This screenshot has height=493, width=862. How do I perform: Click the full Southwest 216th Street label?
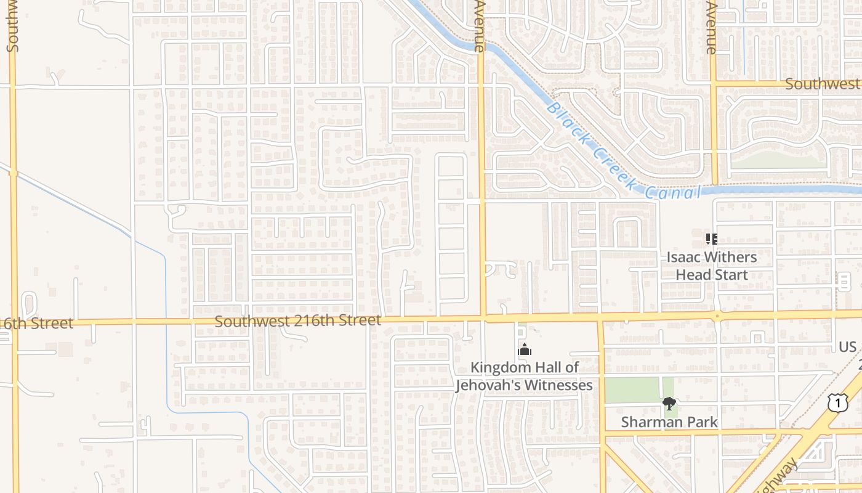point(298,321)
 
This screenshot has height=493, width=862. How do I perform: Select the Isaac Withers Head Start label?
point(712,266)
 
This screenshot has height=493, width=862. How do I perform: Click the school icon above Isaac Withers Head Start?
point(712,238)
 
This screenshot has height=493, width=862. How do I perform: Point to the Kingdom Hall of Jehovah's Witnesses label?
point(525,377)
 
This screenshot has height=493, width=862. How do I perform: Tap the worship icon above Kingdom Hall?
point(525,350)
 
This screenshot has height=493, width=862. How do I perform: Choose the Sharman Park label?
point(669,422)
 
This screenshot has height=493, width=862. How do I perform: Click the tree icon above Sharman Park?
point(669,404)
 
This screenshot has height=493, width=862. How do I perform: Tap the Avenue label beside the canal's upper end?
point(480,26)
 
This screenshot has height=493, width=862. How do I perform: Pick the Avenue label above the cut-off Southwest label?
point(712,28)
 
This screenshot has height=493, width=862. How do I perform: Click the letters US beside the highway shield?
point(847,347)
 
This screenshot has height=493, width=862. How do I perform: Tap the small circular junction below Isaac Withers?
point(717,317)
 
